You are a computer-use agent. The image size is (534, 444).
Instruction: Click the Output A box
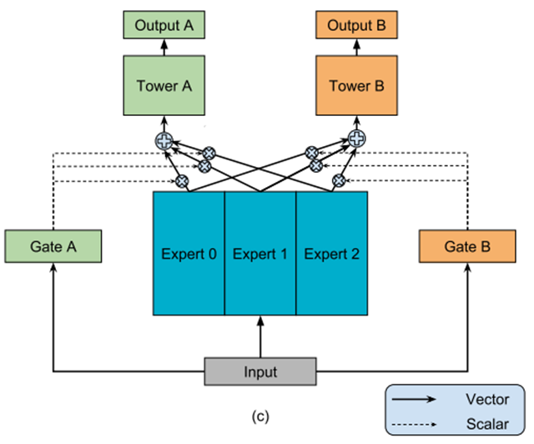coord(164,25)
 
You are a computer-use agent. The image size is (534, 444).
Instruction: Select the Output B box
coord(356,25)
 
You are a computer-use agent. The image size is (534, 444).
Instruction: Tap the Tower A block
coord(164,85)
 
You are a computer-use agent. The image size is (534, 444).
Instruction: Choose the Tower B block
coord(356,85)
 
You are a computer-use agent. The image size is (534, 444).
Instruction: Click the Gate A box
coord(53,246)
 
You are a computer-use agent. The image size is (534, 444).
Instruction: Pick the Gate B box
coord(467,246)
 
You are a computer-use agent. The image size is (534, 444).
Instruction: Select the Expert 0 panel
coord(189,254)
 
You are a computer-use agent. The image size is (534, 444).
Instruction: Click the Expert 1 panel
coord(260,254)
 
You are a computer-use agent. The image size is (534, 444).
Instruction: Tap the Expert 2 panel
coord(332,254)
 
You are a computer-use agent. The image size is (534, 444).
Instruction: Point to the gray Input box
coord(260,371)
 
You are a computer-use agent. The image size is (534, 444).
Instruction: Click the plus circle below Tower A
coord(164,141)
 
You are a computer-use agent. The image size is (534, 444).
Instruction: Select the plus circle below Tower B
coord(357,139)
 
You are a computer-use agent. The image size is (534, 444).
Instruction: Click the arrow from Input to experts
coord(260,336)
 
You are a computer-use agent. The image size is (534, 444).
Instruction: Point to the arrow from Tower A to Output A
coord(164,48)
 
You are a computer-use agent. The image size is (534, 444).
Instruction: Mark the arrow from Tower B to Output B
coord(357,48)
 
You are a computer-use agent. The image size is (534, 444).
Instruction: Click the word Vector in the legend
coord(487,399)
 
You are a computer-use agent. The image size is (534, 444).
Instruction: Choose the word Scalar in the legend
coord(487,424)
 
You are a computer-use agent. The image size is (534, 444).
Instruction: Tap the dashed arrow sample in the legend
coord(414,425)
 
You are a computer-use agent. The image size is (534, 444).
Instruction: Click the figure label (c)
coord(260,416)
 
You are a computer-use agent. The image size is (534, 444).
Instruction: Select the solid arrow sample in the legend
coord(414,400)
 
